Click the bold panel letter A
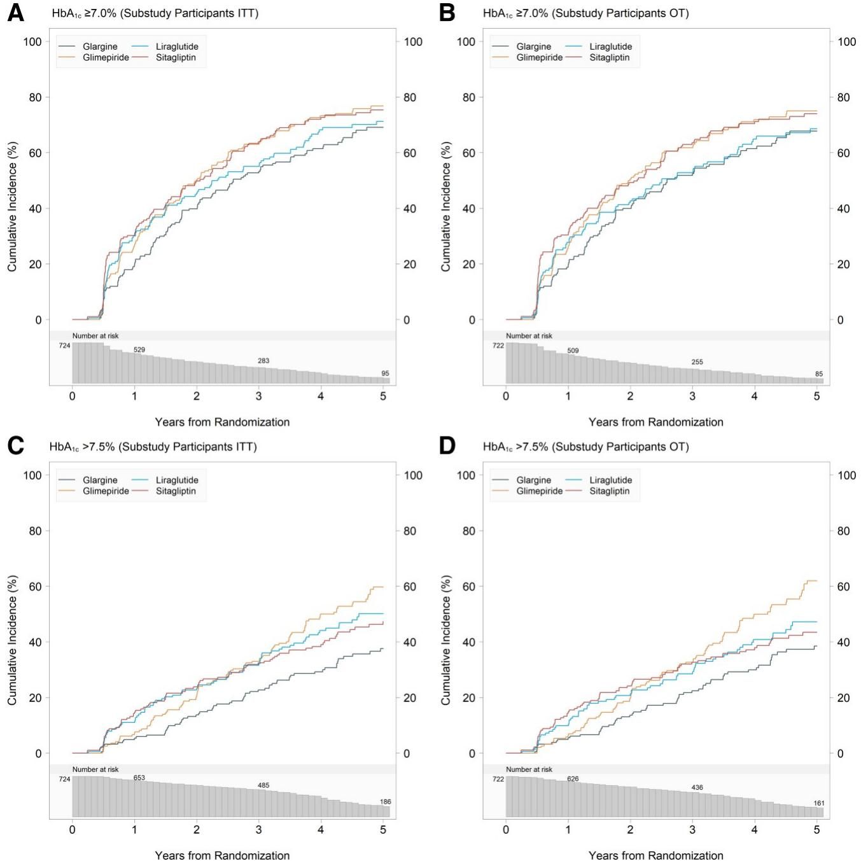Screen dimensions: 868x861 [x=15, y=13]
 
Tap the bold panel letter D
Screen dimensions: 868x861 [x=447, y=446]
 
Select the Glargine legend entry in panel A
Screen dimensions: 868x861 [x=100, y=46]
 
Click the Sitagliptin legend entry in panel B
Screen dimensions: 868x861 [x=609, y=57]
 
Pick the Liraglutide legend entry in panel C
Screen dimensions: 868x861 [x=177, y=480]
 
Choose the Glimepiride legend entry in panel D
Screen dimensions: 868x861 [x=539, y=491]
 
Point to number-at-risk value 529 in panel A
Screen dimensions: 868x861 [x=139, y=350]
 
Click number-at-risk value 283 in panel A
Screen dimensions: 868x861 [x=263, y=361]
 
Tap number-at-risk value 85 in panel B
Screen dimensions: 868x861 [x=819, y=374]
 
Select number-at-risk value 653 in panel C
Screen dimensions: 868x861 [x=139, y=778]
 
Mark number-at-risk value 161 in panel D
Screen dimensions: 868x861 [x=819, y=803]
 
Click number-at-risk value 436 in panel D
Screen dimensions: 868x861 [x=697, y=788]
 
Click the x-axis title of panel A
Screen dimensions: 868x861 [x=222, y=422]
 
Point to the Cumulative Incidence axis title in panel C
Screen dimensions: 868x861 [x=12, y=640]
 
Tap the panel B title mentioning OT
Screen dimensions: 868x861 [x=585, y=13]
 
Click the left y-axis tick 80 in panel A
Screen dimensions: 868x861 [x=34, y=97]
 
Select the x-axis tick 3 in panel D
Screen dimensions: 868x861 [x=692, y=830]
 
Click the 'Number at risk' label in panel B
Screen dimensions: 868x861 [x=529, y=336]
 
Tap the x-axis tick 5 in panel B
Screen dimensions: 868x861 [x=816, y=396]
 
